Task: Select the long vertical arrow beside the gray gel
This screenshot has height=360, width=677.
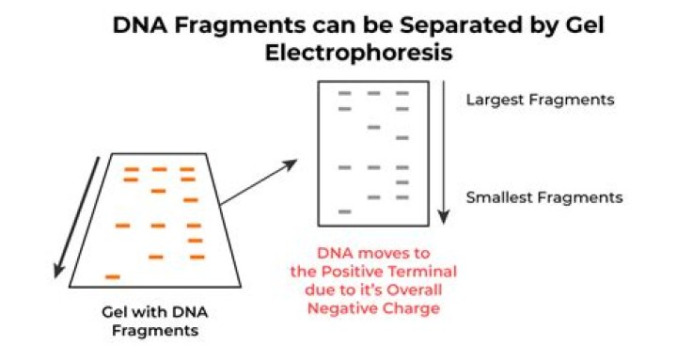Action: pyautogui.click(x=445, y=155)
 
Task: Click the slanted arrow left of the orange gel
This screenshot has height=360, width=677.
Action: pyautogui.click(x=77, y=216)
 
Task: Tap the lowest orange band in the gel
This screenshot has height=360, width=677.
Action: pyautogui.click(x=113, y=276)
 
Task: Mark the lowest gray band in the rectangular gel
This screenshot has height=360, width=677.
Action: pyautogui.click(x=345, y=211)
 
